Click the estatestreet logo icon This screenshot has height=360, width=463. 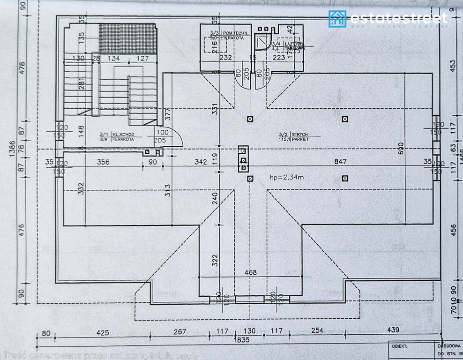coord(337,19)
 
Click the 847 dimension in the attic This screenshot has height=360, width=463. coord(340,162)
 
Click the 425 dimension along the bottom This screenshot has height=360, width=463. coord(103,332)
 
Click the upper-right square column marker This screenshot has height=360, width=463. coord(345,119)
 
